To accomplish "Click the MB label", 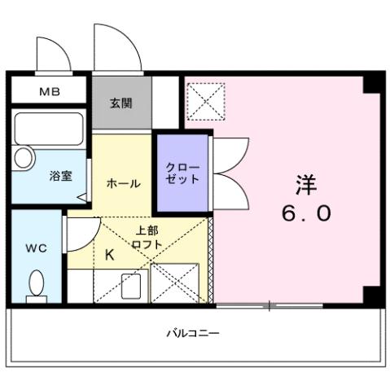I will pos(49,92).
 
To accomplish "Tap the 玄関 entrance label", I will pos(121,103).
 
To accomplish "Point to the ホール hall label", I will pos(122,184).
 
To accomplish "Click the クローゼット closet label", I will pos(182,173).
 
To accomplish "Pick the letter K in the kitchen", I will pos(110,255).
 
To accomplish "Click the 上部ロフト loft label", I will pos(148,238).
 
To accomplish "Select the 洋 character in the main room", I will pos(306,185).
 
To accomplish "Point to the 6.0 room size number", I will pos(306,213).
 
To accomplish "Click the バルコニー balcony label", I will pos(193,332).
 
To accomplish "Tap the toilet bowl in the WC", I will pos(36,285).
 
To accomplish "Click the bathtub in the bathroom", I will pos(49,129).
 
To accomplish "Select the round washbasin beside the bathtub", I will pos(23,156).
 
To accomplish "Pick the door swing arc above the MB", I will pos(52,54).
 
